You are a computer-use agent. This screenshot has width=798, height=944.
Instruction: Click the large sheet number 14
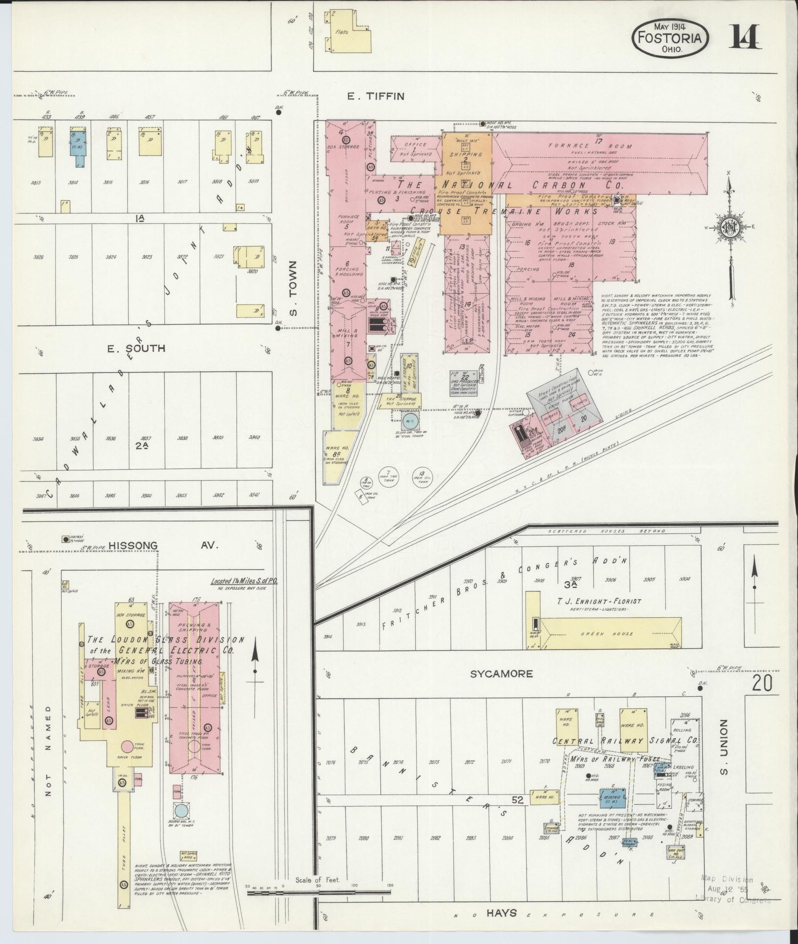745,37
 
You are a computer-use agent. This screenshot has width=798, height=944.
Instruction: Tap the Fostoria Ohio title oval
670,38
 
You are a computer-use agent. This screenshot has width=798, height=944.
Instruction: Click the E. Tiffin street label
376,97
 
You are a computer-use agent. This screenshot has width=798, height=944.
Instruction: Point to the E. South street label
136,348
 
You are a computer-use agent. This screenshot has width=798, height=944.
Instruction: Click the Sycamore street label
501,674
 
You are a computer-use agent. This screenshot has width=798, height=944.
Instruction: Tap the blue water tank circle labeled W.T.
409,421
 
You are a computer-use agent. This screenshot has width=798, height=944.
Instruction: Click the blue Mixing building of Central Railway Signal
612,798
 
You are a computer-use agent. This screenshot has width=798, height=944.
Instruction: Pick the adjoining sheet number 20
762,682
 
